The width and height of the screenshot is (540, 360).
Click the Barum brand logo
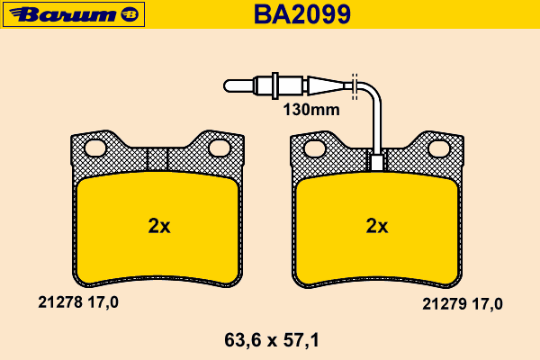74,14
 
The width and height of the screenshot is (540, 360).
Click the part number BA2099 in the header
302,14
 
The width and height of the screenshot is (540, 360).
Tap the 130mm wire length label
311,110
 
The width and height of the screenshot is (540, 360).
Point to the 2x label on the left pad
159,226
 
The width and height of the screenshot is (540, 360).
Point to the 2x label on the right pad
377,226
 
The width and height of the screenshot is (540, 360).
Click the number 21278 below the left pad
60,302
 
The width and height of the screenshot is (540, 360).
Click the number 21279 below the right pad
445,304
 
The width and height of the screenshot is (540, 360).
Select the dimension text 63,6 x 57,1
272,340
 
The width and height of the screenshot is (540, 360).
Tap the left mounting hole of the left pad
95,148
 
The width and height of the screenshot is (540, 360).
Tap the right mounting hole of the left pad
220,148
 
